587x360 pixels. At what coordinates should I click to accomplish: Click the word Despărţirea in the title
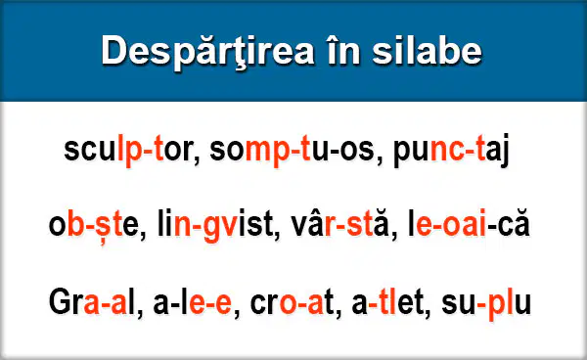207,52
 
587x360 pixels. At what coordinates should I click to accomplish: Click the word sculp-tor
128,150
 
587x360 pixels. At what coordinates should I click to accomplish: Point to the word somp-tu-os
292,150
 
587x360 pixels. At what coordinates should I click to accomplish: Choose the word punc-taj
451,150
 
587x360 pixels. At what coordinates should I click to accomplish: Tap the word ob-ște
94,225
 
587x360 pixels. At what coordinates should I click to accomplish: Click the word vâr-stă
339,224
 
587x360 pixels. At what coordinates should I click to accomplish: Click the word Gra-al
92,301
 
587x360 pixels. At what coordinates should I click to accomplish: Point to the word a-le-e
192,301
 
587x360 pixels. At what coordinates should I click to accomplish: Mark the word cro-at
292,302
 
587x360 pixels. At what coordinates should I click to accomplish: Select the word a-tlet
387,301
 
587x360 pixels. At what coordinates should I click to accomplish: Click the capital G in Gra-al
60,301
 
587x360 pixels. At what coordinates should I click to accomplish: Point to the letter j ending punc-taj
505,151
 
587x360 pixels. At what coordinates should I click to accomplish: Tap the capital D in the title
114,50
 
